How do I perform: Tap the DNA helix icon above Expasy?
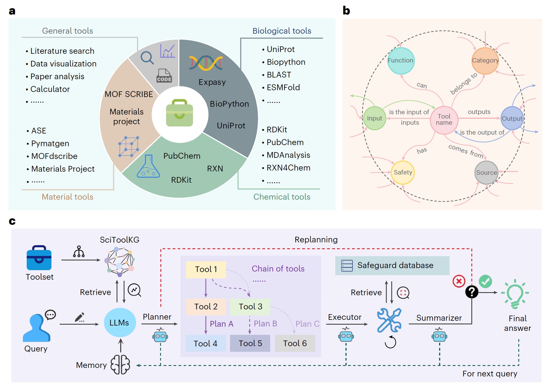pyautogui.click(x=206, y=63)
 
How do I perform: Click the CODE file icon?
pyautogui.click(x=164, y=76)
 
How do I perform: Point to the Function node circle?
pyautogui.click(x=401, y=61)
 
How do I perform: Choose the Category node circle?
pyautogui.click(x=485, y=61)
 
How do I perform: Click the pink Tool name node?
pyautogui.click(x=444, y=120)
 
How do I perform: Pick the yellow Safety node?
pyautogui.click(x=403, y=172)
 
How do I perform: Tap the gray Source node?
pyautogui.click(x=486, y=173)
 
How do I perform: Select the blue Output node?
pyautogui.click(x=512, y=118)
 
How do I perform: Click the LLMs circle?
pyautogui.click(x=120, y=322)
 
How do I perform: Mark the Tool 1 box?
pyautogui.click(x=206, y=269)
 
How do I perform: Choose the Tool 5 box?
pyautogui.click(x=250, y=343)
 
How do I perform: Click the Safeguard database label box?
pyautogui.click(x=392, y=266)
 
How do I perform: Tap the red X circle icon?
pyautogui.click(x=459, y=281)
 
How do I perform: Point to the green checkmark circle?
pyautogui.click(x=485, y=281)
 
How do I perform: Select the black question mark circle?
pyautogui.click(x=472, y=292)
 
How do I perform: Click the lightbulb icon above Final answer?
pyautogui.click(x=515, y=294)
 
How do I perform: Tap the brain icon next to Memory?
pyautogui.click(x=120, y=365)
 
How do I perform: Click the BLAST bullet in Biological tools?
pyautogui.click(x=279, y=75)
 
